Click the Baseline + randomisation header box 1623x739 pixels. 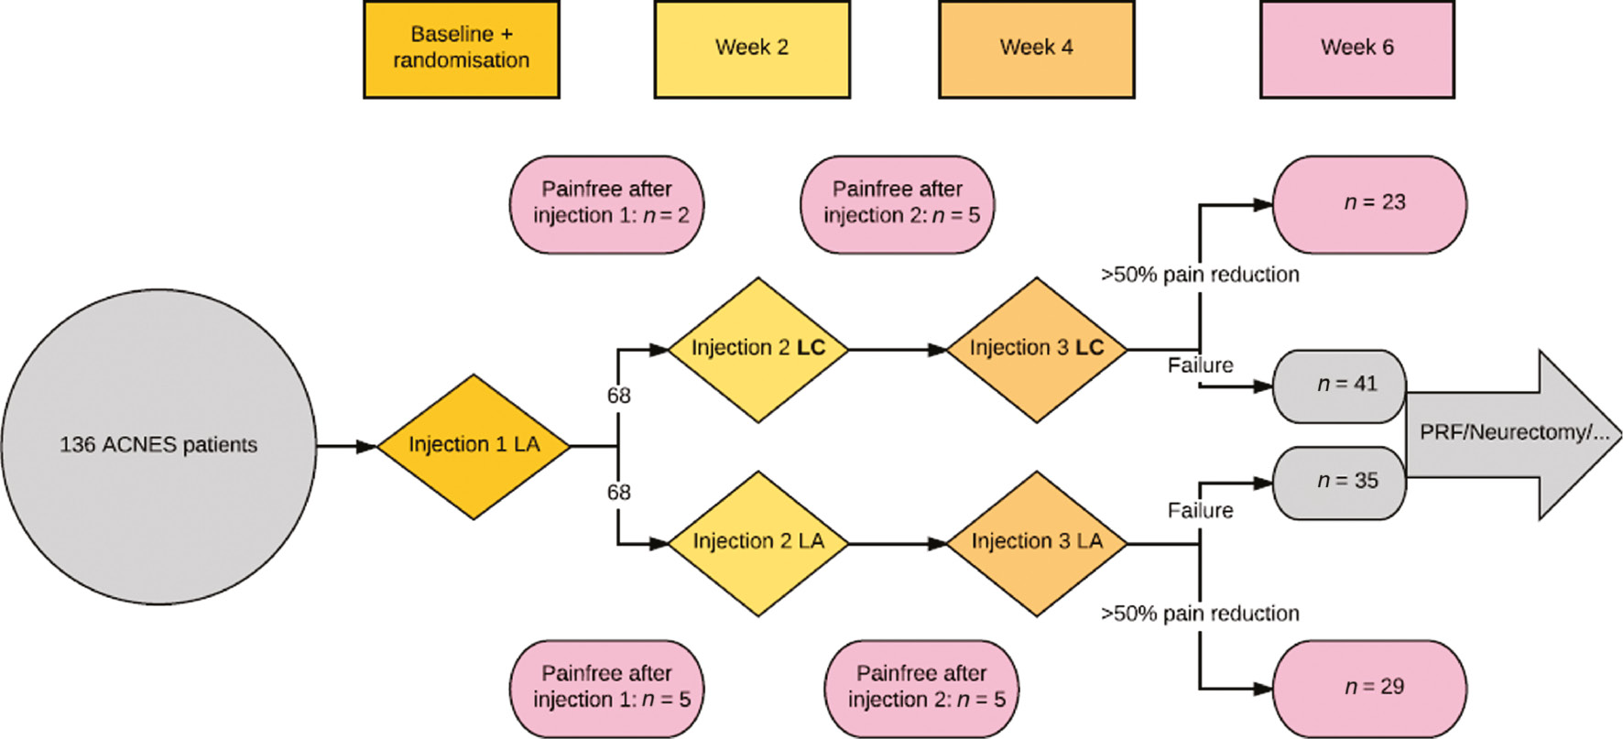point(461,49)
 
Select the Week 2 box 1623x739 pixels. point(751,49)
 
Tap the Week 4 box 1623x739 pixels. point(1036,49)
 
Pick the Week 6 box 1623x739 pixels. point(1356,49)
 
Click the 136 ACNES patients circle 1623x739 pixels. point(158,446)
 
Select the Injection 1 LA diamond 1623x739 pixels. point(474,446)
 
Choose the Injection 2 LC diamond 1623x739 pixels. point(757,349)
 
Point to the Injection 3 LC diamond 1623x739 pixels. point(1036,349)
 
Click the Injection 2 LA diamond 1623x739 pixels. point(757,543)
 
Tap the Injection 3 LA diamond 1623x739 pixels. point(1036,543)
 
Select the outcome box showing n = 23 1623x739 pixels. point(1369,203)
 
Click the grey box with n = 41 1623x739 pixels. point(1339,386)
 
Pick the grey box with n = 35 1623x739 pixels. point(1339,482)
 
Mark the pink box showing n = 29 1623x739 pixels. point(1369,688)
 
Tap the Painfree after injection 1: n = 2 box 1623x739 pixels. point(606,203)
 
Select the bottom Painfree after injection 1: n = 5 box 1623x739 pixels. point(606,688)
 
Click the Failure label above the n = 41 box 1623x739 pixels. point(1200,365)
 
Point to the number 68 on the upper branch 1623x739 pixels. point(618,396)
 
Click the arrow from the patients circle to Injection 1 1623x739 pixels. point(346,446)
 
